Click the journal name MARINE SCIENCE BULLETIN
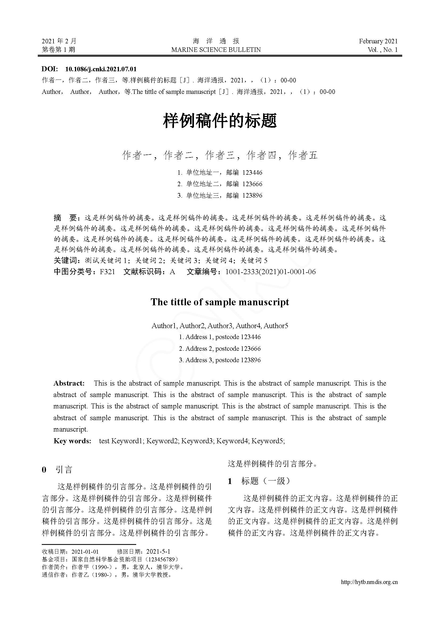(216, 50)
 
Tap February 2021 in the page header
(378, 41)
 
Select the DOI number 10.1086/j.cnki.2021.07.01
(101, 69)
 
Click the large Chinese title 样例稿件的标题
(220, 121)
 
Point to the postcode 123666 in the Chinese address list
(252, 184)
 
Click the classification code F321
(107, 272)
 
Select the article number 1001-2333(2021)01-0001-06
(270, 272)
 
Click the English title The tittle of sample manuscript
(220, 302)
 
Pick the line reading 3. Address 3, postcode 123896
(220, 360)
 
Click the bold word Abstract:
(69, 383)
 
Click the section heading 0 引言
(57, 470)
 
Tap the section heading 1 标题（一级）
(259, 481)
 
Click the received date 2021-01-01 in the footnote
(85, 552)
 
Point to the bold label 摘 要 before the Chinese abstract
(65, 218)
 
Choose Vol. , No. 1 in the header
(383, 50)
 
